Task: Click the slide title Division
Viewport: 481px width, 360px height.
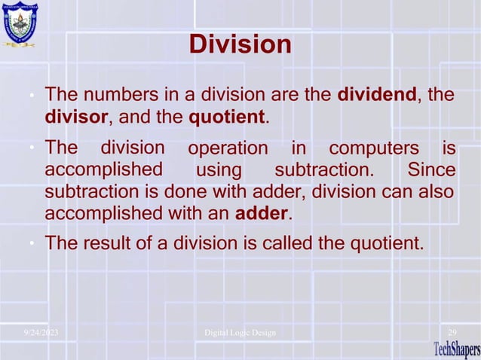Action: coord(240,44)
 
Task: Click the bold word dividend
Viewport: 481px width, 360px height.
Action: coord(381,96)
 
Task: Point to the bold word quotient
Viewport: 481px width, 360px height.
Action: coord(225,118)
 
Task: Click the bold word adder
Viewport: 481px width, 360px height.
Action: coord(262,213)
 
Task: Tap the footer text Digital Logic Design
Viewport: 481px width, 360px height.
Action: coord(240,332)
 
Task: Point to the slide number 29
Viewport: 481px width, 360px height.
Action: coord(452,332)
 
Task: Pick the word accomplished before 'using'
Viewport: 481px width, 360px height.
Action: coord(105,167)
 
